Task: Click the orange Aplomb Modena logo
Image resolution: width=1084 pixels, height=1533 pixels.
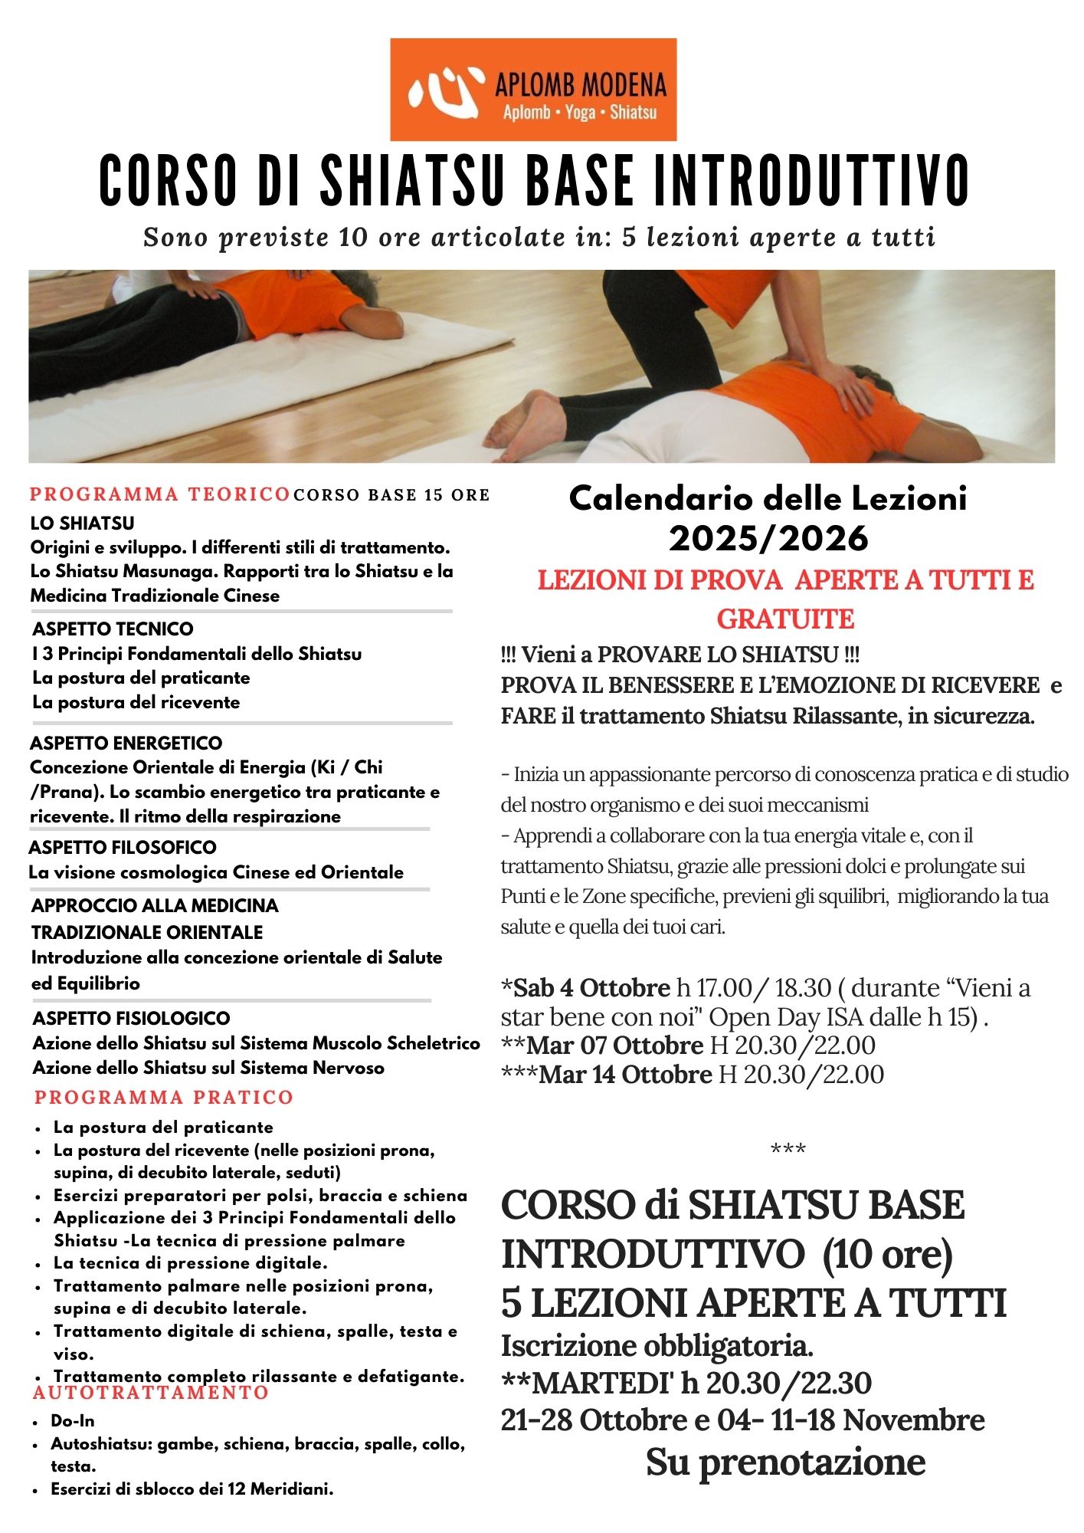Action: pos(533,89)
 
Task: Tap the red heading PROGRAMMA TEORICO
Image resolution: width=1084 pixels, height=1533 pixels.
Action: pos(159,494)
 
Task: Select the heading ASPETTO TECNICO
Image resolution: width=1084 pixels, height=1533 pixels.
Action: pos(113,629)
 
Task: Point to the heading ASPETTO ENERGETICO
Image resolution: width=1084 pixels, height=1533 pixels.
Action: pos(126,743)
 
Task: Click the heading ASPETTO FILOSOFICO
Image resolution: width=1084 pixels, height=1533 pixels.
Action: pos(123,847)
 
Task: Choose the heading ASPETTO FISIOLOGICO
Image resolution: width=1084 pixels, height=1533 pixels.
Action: pos(131,1018)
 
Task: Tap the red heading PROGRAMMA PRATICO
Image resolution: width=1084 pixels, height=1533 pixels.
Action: pos(164,1098)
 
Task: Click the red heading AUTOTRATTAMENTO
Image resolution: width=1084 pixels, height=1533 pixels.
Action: pos(152,1393)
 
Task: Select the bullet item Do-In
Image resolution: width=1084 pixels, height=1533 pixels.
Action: pos(73,1420)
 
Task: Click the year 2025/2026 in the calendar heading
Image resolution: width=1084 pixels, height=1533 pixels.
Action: pos(768,538)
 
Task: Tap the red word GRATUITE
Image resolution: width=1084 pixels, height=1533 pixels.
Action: pos(785,619)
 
